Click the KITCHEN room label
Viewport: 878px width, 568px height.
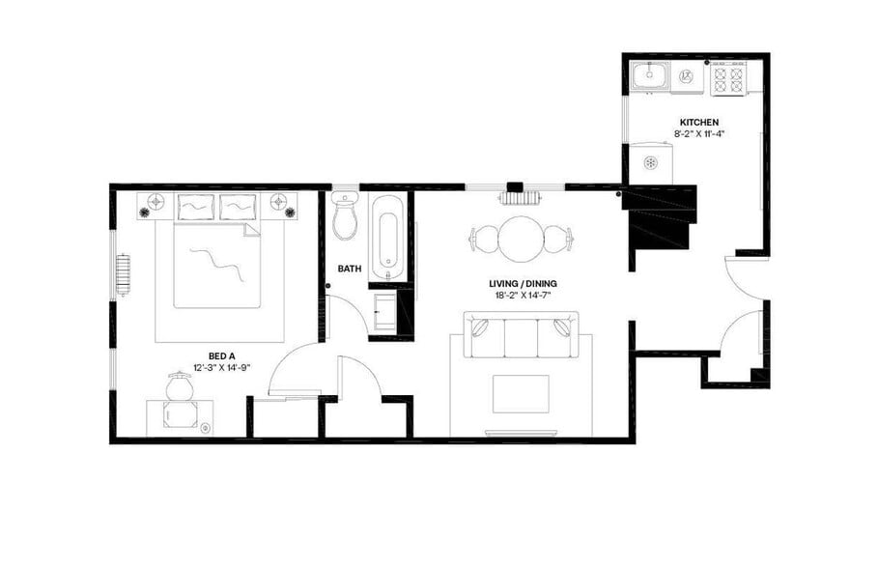coord(698,122)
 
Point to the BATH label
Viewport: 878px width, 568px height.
coord(349,270)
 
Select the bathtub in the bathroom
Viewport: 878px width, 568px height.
coord(387,232)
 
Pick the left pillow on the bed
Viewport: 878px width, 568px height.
coord(196,206)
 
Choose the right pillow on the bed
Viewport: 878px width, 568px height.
coord(238,206)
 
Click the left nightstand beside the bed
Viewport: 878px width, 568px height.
coord(155,204)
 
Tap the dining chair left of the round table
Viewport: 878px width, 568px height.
coord(483,239)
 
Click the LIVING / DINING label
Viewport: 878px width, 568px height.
coord(523,284)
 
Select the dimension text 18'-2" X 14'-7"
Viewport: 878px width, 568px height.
coord(523,296)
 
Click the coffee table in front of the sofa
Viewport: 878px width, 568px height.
coord(521,393)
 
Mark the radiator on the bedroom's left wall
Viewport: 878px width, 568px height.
coord(123,274)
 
